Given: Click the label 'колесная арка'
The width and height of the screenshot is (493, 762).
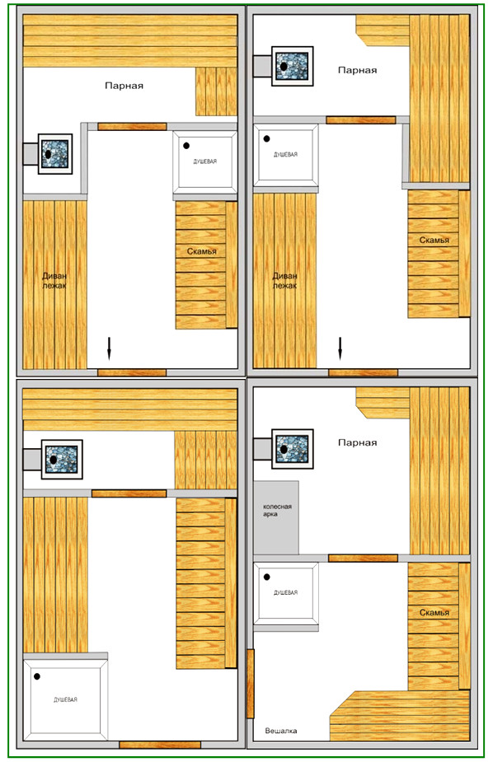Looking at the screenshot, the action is [277, 510].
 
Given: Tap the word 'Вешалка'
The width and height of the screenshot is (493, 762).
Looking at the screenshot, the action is [281, 731].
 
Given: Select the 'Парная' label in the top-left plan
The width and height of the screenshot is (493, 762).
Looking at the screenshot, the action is [124, 86].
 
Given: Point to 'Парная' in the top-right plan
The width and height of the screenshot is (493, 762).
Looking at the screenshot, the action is [357, 70].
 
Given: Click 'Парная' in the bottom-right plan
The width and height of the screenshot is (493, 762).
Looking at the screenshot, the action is [357, 442].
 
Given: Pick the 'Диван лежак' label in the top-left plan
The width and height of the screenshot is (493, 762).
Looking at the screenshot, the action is [54, 280].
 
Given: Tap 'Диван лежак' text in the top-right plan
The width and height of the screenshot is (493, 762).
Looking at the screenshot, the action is [284, 280].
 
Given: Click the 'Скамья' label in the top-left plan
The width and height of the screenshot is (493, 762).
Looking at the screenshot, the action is [202, 251].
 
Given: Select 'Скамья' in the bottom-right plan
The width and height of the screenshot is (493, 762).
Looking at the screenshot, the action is [434, 612].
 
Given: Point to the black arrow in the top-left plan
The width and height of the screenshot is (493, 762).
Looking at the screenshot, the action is [109, 348].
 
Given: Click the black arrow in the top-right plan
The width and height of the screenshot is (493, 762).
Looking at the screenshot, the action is [340, 348].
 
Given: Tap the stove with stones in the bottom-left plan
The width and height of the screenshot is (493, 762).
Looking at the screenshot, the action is [62, 459].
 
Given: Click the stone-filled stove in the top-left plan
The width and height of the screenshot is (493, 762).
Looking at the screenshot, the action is [54, 154].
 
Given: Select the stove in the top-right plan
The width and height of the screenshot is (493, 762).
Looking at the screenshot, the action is [292, 66].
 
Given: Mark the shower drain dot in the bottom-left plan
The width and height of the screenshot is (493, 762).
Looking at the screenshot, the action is [37, 676].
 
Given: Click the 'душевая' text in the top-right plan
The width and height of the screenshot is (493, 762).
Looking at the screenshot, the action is [285, 155].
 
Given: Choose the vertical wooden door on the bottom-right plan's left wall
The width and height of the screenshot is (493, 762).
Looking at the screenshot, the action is [251, 683].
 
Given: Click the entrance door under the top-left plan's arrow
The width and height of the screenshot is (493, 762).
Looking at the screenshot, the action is [132, 372].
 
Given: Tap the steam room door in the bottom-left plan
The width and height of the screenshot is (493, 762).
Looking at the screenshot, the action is [129, 493].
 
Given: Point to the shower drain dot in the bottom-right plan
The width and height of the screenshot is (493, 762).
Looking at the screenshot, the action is [266, 577].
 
